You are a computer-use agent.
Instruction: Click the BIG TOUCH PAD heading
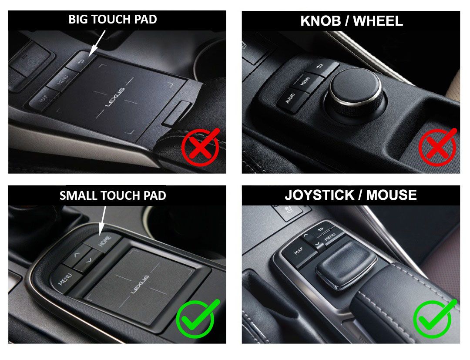pos(113,20)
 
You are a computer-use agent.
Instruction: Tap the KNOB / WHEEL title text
pos(351,21)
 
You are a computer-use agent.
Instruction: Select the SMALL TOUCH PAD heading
pos(113,195)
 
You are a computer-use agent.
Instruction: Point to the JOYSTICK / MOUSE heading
pos(351,195)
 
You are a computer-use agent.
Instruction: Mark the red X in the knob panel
pos(437,148)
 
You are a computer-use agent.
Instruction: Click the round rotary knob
pos(356,92)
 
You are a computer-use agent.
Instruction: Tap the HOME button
pos(104,241)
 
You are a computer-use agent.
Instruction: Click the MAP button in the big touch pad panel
pos(43,100)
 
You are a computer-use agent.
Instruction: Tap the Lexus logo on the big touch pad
pos(115,97)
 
